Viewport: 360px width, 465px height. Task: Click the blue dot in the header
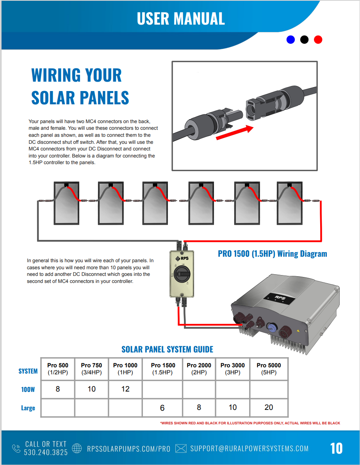pos(290,39)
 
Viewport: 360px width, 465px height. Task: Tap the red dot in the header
pos(318,39)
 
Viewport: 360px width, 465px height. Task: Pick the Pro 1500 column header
pos(163,368)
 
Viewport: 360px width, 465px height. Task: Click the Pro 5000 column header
pos(269,368)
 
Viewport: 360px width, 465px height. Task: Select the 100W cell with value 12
pos(125,389)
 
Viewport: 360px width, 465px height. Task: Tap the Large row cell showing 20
pos(269,408)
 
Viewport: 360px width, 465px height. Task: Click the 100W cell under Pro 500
pos(58,389)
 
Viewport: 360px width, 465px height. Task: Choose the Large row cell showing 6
pos(162,408)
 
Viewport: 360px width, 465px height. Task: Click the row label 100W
pos(28,390)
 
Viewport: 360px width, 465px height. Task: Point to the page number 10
pos(337,448)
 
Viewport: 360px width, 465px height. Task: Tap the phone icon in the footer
pos(16,448)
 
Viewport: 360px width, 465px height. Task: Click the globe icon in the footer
pos(77,448)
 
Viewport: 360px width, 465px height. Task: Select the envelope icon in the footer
pos(181,448)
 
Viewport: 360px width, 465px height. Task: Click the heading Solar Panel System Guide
pos(167,349)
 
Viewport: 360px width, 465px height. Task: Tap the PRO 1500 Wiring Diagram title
pos(272,254)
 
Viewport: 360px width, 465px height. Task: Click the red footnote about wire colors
pos(250,423)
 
